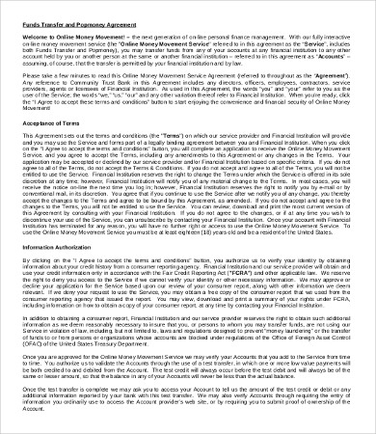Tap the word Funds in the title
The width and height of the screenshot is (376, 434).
point(30,15)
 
